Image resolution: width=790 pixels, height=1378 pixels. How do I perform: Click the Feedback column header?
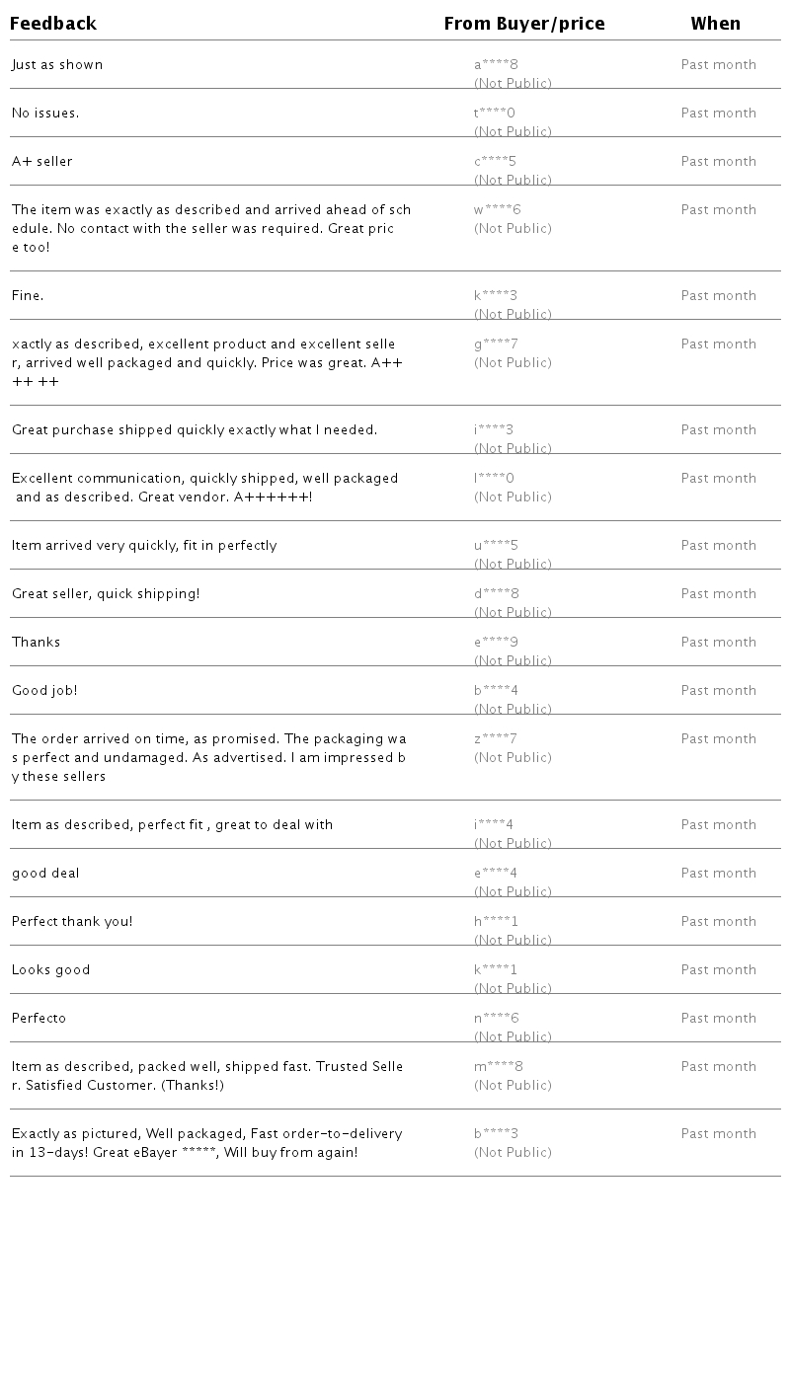pos(53,24)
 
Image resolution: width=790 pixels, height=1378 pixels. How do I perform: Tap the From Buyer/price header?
pos(523,24)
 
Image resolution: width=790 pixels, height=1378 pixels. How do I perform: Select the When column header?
pos(715,24)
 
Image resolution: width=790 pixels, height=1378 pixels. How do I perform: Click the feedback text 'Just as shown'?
pos(57,65)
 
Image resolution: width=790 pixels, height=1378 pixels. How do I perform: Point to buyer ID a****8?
pos(496,65)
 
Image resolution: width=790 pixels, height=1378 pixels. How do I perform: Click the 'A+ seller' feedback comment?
pos(42,162)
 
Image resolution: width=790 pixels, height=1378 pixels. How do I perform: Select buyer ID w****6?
pos(497,210)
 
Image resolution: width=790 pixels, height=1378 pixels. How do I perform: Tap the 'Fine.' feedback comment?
pos(28,296)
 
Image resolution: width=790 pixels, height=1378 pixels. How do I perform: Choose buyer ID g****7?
pos(496,344)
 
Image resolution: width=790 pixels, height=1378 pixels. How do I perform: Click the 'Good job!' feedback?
pos(44,691)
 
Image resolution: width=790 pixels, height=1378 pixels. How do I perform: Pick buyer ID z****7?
pos(496,739)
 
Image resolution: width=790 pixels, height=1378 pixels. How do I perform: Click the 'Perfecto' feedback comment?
pos(39,1019)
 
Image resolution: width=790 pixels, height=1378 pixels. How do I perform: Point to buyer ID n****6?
pos(496,1019)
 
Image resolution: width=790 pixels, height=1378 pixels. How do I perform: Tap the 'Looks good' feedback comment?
pos(50,970)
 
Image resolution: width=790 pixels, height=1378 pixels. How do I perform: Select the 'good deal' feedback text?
pos(45,874)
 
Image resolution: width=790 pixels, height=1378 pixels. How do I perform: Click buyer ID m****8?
pos(499,1067)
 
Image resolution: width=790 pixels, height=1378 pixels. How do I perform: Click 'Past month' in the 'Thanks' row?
pos(718,643)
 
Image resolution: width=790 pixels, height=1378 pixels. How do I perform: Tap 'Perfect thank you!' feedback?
pos(72,922)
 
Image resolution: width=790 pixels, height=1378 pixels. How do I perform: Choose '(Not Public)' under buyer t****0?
pos(513,131)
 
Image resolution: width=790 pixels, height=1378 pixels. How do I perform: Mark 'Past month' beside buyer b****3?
pos(718,1134)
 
